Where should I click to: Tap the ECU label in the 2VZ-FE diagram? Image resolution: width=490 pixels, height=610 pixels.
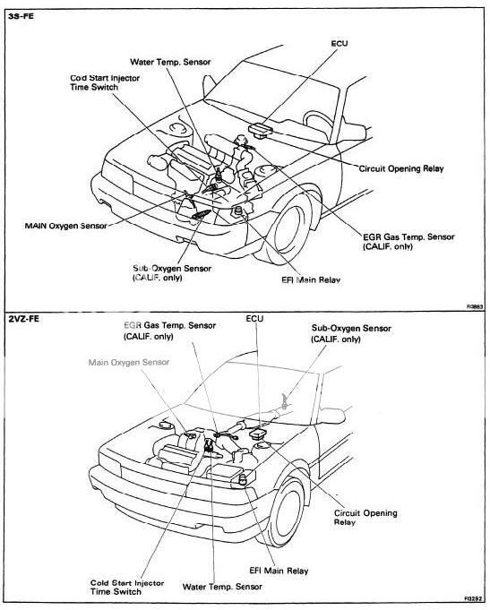(x=255, y=318)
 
